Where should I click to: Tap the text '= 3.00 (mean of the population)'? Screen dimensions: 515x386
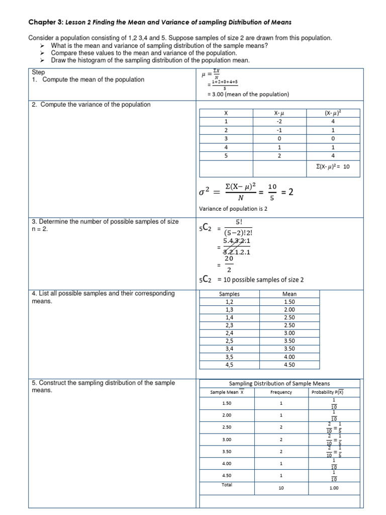[x=248, y=94]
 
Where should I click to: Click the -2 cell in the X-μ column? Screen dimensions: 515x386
[x=279, y=122]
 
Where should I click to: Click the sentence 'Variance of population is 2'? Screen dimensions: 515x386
[x=233, y=209]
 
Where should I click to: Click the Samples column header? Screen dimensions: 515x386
[x=230, y=294]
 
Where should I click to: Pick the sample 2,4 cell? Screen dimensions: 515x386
[x=230, y=333]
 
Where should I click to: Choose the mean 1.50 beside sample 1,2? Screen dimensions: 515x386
[x=289, y=302]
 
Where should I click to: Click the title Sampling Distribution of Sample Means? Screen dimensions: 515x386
[x=279, y=383]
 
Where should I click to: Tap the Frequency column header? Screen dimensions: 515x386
[x=281, y=392]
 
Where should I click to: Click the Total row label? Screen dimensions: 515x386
[x=227, y=485]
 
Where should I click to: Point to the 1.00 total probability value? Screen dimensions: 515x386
[x=334, y=488]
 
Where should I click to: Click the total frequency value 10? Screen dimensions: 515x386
[x=281, y=488]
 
